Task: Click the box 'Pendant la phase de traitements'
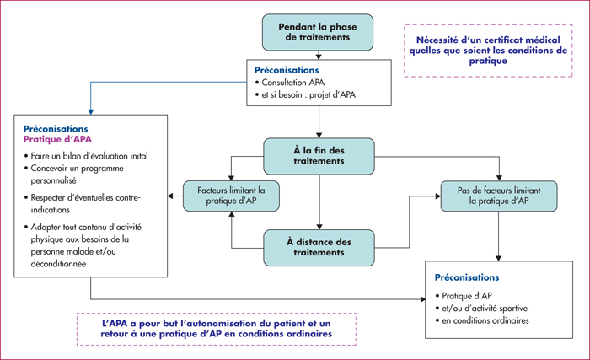point(318,32)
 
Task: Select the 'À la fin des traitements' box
point(319,156)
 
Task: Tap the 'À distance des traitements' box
point(319,247)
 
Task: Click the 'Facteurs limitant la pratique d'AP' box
point(231,196)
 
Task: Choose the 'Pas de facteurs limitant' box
point(499,196)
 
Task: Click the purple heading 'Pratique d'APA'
point(57,139)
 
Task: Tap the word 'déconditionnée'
point(58,264)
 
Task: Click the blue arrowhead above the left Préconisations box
point(91,112)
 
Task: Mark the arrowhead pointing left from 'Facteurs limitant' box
point(170,196)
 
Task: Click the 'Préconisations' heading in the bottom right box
point(467,277)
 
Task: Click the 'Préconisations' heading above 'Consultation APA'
point(287,70)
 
